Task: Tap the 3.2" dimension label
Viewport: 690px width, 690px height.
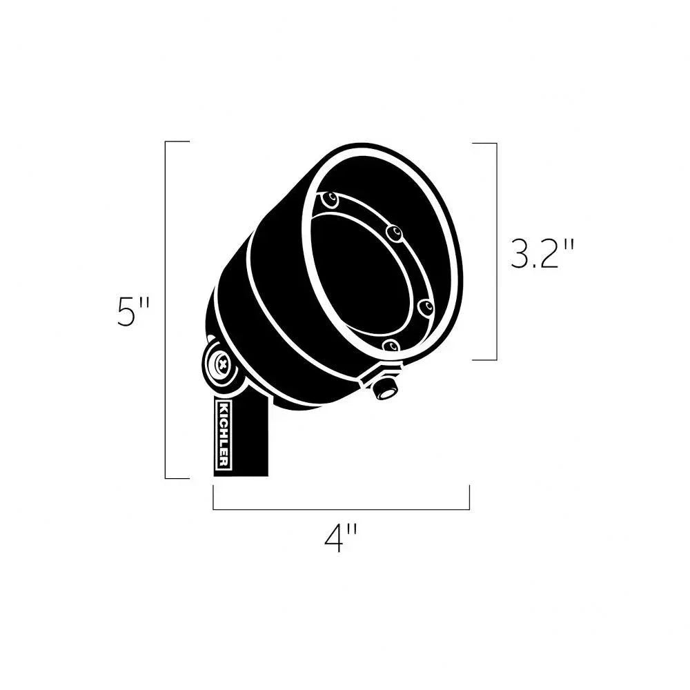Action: pos(542,254)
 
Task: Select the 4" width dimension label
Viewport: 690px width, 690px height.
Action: pos(341,538)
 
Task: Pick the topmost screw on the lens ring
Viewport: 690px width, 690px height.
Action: pos(332,201)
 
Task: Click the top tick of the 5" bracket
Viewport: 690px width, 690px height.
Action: pos(177,141)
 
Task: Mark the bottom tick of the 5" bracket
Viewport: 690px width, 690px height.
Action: pos(177,477)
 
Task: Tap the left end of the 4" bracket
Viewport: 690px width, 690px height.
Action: pos(213,497)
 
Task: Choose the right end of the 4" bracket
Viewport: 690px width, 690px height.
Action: pos(469,497)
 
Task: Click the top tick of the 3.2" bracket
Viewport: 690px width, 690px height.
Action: pos(484,143)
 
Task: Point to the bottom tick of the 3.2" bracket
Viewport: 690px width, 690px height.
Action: pos(484,359)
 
